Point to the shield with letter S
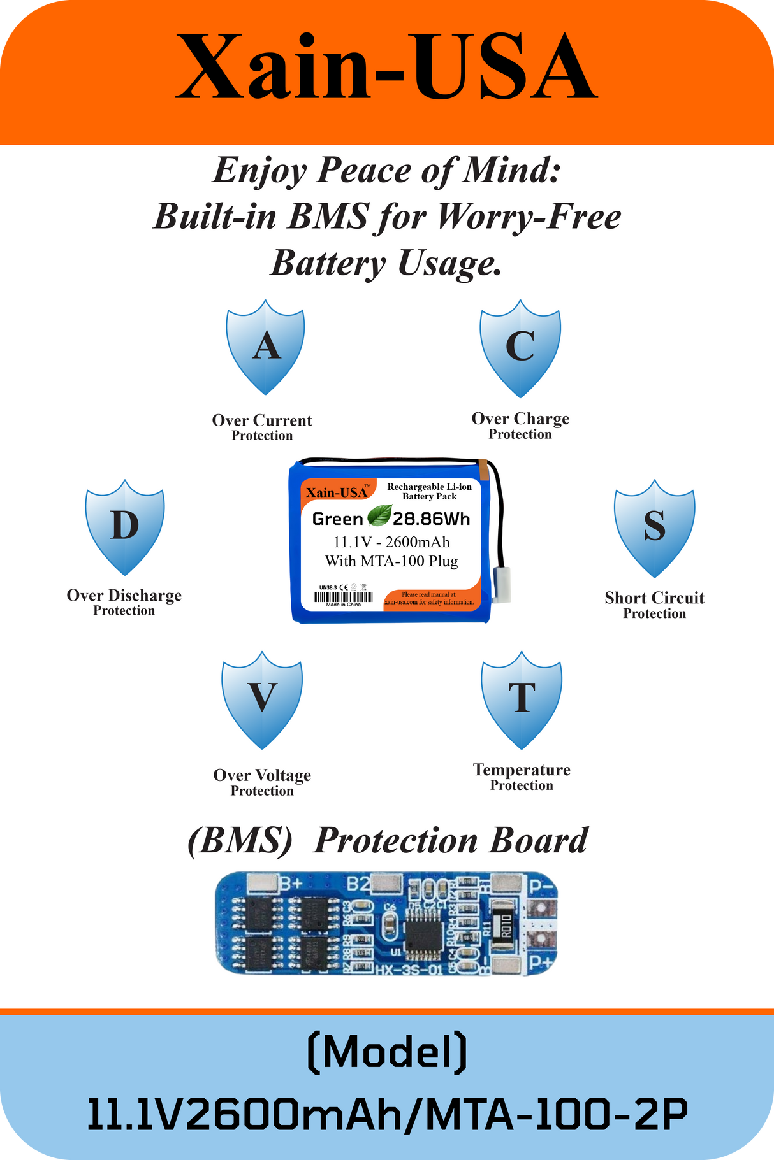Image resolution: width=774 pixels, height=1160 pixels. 654,527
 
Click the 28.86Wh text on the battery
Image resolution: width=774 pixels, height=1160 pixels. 432,519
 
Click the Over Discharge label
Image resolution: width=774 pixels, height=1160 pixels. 124,596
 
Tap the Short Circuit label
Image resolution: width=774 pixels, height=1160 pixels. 655,598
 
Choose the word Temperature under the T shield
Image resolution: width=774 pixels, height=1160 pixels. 522,770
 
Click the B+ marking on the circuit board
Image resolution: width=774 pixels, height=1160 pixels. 291,884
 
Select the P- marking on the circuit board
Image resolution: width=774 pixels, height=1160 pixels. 541,885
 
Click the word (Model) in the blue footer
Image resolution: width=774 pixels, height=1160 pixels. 387,1053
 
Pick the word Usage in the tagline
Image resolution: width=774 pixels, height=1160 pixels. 449,263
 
